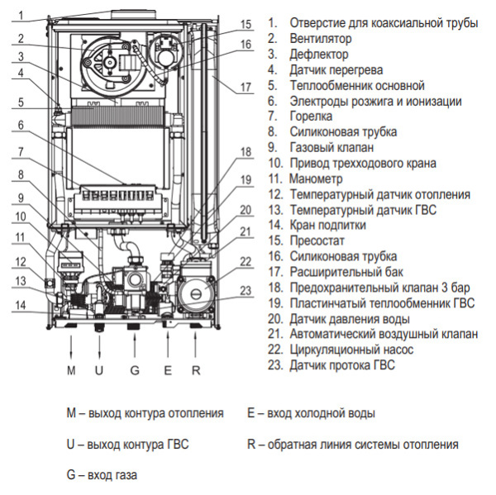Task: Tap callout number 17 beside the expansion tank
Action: [x=246, y=87]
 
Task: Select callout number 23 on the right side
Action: [x=246, y=290]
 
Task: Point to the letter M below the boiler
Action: [x=71, y=370]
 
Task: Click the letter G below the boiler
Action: [x=134, y=370]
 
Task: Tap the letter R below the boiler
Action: [x=196, y=370]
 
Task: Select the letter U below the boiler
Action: [x=99, y=370]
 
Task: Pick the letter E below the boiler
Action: [x=167, y=370]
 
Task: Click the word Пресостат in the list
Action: [x=318, y=240]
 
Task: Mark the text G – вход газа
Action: [x=103, y=475]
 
